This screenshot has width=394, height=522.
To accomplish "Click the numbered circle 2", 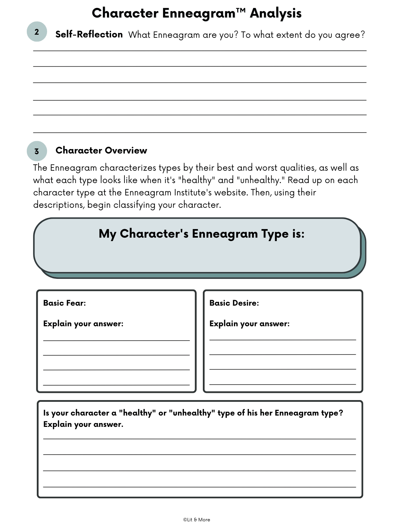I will click(x=36, y=32).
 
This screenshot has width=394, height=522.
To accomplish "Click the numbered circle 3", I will click(x=36, y=151).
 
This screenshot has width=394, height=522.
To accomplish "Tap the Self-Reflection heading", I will click(x=89, y=34).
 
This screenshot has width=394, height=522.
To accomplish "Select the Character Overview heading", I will click(x=101, y=150).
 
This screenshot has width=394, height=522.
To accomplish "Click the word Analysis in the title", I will click(x=275, y=13).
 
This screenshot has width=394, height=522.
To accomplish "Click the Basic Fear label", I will click(x=64, y=303).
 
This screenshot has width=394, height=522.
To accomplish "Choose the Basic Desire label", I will click(x=234, y=303).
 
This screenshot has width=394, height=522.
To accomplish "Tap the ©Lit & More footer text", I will click(x=197, y=520).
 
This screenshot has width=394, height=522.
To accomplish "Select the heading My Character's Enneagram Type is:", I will click(x=201, y=234).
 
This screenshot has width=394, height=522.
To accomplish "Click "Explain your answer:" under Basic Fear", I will click(x=83, y=324).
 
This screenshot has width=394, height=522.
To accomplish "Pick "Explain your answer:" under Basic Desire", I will click(x=249, y=324).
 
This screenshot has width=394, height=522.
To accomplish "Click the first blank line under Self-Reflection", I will click(x=199, y=50).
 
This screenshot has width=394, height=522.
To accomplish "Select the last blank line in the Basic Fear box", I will click(x=116, y=384).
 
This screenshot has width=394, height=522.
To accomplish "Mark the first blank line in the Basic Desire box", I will click(x=283, y=339).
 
